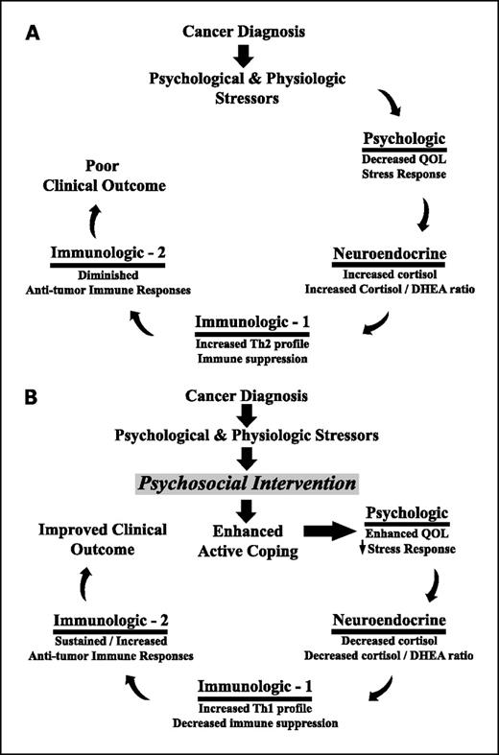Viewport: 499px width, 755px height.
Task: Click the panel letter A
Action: click(33, 33)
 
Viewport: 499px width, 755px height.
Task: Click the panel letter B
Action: click(33, 394)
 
